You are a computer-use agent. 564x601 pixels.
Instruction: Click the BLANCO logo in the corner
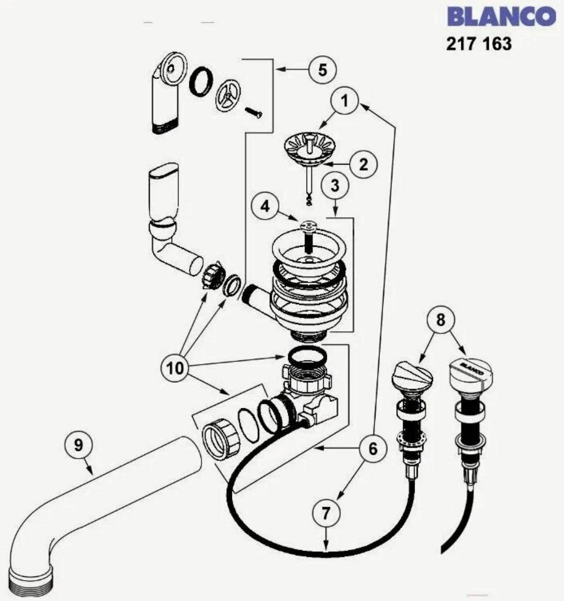click(x=501, y=17)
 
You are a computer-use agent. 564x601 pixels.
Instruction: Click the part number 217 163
click(x=479, y=44)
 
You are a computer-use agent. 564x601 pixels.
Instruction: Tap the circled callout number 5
click(x=322, y=69)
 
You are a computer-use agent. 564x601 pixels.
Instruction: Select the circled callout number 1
click(x=345, y=101)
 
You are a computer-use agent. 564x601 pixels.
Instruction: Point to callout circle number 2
click(x=363, y=164)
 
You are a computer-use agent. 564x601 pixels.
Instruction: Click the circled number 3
click(x=335, y=185)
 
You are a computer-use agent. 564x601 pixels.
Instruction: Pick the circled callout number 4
click(x=265, y=206)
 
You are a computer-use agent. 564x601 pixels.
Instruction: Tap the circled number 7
click(x=325, y=513)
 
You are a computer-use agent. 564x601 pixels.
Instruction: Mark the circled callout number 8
click(x=440, y=320)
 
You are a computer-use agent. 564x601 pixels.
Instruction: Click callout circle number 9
click(x=78, y=445)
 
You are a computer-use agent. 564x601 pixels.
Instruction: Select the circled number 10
click(x=175, y=368)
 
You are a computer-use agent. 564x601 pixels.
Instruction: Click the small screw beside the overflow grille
click(x=254, y=112)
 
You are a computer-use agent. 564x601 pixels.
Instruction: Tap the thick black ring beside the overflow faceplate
click(x=201, y=81)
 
